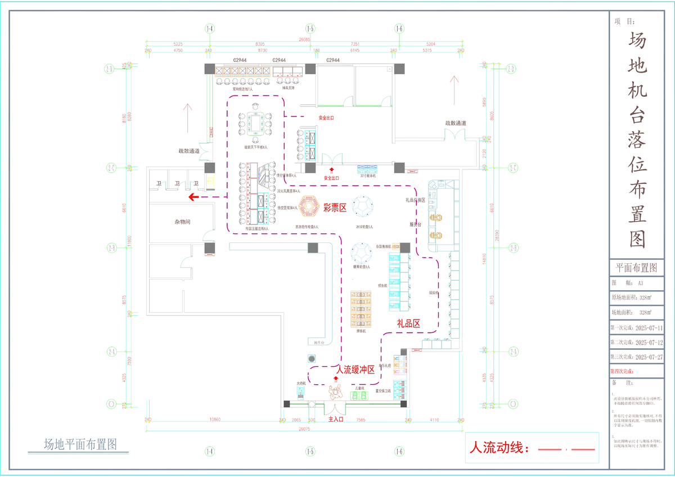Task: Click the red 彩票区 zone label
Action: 334,207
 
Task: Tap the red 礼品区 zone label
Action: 408,323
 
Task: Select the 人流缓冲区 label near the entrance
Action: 355,370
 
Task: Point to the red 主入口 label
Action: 336,419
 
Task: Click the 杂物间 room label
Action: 182,222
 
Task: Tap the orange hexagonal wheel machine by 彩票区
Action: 308,206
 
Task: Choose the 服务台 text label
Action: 416,224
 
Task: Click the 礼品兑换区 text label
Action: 415,200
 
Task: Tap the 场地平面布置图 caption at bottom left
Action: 80,444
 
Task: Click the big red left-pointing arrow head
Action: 192,197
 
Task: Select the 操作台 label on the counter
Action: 319,342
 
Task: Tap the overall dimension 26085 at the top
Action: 304,39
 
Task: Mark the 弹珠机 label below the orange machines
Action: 361,331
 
